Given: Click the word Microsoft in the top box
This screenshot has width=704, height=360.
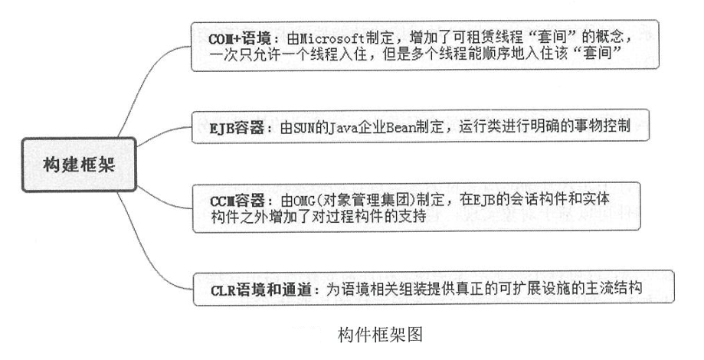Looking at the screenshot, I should [314, 36].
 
